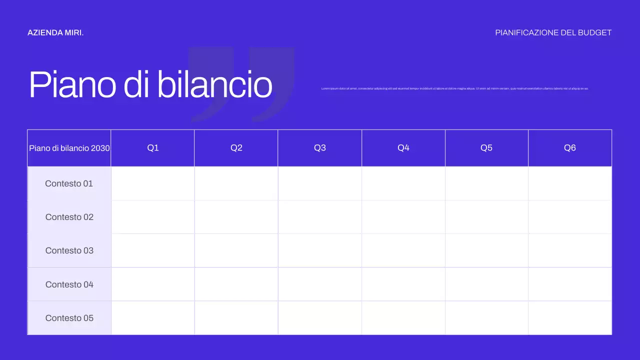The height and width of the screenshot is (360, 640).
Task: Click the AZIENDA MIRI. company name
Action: point(55,33)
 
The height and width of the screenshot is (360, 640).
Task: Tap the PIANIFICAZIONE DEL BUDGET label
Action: point(553,33)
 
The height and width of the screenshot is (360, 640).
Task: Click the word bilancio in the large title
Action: point(214,84)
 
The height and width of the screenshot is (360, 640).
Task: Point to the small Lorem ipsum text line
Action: point(454,88)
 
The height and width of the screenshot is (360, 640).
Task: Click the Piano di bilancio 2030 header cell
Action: point(69,148)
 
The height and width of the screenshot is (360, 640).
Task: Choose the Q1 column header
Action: point(153,148)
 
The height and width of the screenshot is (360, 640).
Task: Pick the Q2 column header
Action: point(236,148)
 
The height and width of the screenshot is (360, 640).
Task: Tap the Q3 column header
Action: point(320,148)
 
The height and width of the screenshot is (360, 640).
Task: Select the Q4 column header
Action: point(403,148)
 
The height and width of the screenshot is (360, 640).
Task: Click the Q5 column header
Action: point(486,148)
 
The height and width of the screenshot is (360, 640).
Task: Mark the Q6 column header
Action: point(570,148)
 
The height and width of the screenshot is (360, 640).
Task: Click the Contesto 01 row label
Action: point(69,183)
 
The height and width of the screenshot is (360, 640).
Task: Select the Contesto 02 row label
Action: point(69,217)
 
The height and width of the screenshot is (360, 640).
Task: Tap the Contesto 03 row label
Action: point(69,250)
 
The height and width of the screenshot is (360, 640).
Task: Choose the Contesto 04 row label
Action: point(69,284)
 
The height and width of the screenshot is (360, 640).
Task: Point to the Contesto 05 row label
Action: point(69,318)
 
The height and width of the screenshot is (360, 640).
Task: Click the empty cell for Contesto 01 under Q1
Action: point(153,183)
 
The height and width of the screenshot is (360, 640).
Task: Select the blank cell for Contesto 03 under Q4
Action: point(403,250)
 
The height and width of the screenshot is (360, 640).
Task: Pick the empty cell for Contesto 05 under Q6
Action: point(570,318)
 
